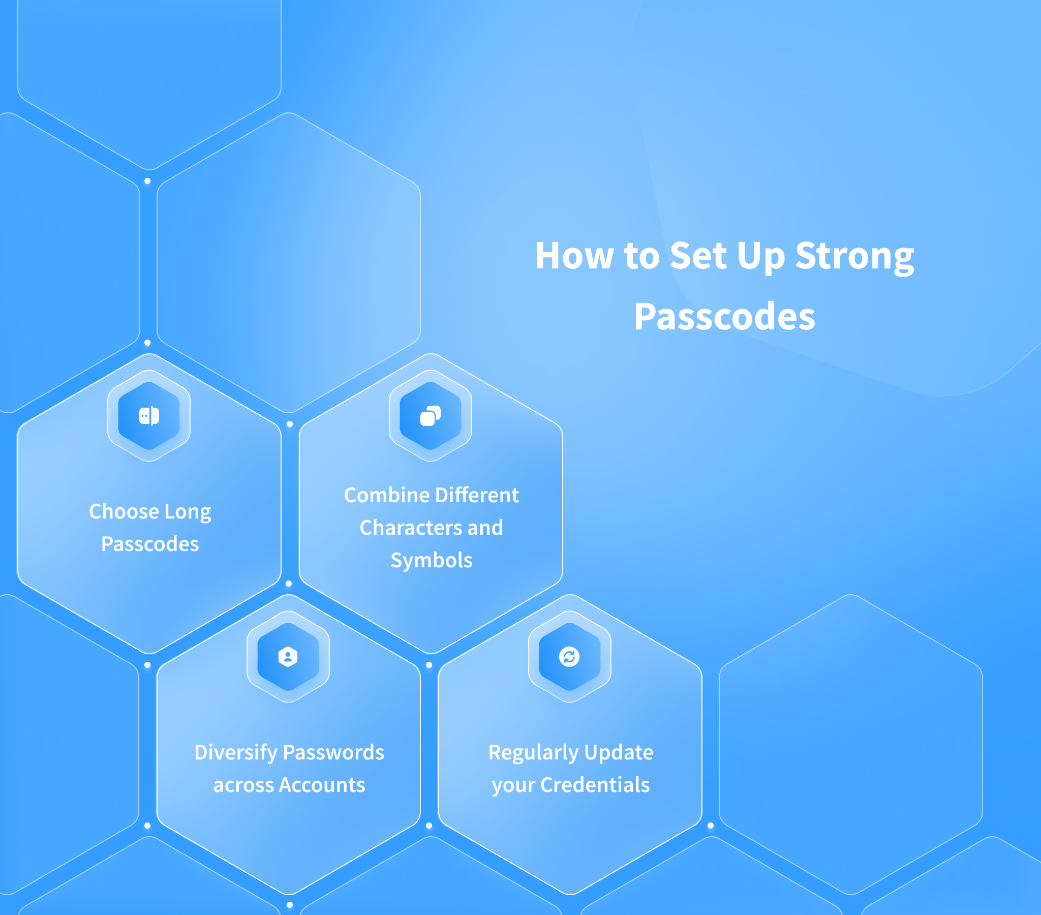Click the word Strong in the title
coord(854,256)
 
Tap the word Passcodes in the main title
coord(724,316)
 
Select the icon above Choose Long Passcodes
coord(149,416)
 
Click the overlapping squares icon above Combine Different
coord(431,416)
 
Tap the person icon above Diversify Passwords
coord(288,657)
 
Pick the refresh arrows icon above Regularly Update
coord(569,657)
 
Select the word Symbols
coord(432,560)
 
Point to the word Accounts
coord(322,785)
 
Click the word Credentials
coord(595,785)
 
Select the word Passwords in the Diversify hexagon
coord(333,752)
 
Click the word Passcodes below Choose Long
coord(150,544)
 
